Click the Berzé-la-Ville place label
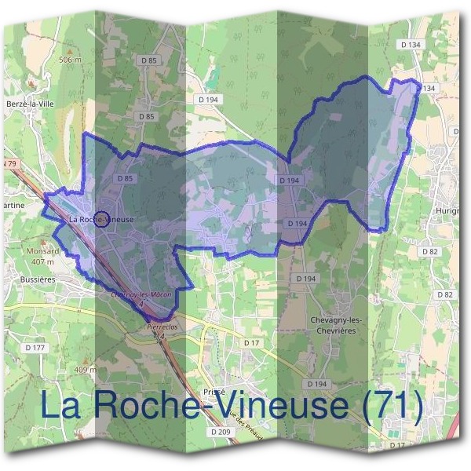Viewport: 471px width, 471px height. tap(26, 103)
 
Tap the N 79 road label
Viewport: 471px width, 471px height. tap(9, 163)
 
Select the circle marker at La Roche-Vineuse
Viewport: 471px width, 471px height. tap(100, 217)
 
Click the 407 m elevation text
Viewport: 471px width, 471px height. tap(44, 261)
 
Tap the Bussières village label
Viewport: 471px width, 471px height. tap(25, 279)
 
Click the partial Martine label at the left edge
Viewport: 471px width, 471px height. tap(14, 205)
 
